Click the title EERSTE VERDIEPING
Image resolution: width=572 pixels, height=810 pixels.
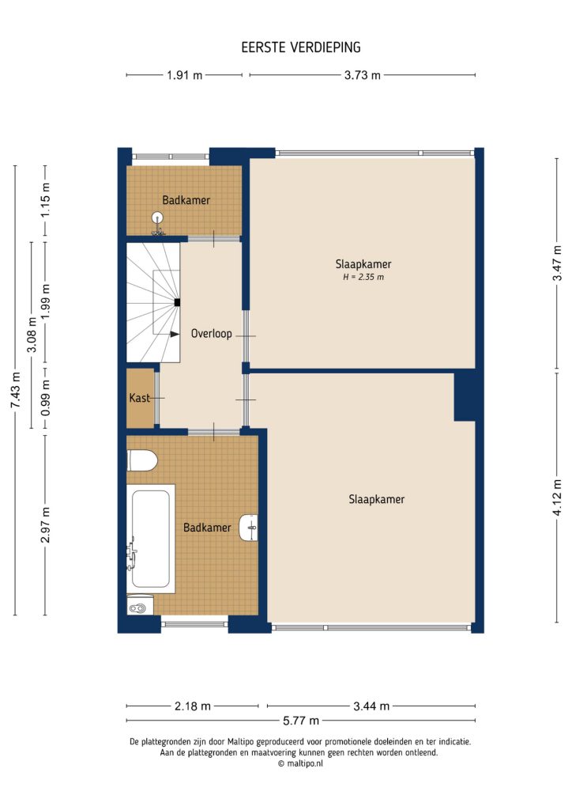[x=301, y=47]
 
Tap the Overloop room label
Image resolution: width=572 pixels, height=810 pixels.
[x=211, y=334]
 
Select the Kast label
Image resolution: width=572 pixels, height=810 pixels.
[x=140, y=398]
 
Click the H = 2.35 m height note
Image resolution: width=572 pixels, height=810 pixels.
[x=363, y=278]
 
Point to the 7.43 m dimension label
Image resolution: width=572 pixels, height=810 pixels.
[x=14, y=389]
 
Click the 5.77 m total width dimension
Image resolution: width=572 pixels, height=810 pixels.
[x=301, y=720]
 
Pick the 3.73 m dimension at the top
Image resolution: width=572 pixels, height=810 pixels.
[x=363, y=75]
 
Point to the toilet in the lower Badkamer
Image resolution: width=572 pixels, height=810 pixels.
[x=142, y=460]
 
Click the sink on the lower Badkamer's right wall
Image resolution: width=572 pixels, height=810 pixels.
[x=250, y=527]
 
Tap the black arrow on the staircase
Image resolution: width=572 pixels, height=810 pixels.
[x=175, y=335]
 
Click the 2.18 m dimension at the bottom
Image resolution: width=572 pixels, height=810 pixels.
[x=193, y=706]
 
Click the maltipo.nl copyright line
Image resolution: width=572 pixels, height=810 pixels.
[x=300, y=763]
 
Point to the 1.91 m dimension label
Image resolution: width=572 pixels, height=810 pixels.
[x=184, y=75]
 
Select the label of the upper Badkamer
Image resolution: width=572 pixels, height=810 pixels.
[x=186, y=200]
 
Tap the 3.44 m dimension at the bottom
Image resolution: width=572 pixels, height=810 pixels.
[x=371, y=706]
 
